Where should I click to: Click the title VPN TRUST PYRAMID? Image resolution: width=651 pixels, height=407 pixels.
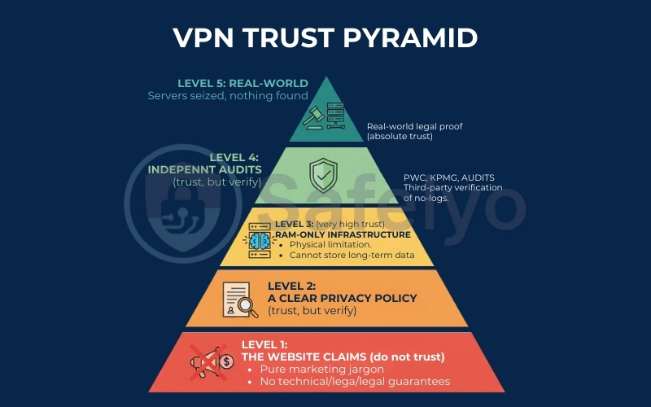[x=325, y=37]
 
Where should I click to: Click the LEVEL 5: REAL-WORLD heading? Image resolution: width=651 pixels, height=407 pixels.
[x=242, y=83]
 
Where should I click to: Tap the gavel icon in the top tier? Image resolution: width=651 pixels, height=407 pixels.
[x=312, y=116]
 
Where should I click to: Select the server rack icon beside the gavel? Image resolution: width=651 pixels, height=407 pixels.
[x=337, y=115]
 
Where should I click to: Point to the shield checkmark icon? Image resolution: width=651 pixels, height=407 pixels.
[x=322, y=175]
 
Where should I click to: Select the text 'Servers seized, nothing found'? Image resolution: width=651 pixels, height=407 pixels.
[x=228, y=96]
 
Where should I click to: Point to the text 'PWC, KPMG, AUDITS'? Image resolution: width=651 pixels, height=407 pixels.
[x=448, y=177]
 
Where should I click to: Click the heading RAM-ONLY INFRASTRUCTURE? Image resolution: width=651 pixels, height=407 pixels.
[x=342, y=234]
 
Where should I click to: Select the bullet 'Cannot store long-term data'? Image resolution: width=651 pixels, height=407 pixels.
[x=352, y=255]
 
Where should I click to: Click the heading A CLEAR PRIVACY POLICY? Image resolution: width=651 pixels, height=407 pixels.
[x=342, y=298]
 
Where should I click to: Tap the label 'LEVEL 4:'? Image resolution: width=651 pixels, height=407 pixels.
[x=235, y=157]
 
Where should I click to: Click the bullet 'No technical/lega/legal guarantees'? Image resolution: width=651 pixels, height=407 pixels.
[x=354, y=381]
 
